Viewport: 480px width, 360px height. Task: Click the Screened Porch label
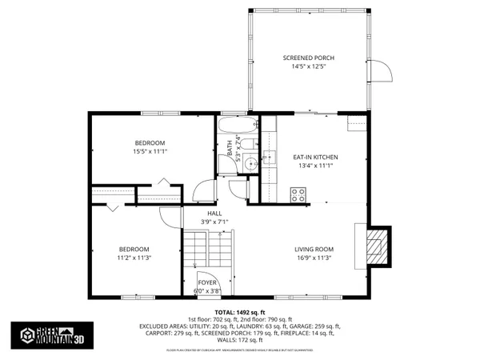pyautogui.click(x=308, y=58)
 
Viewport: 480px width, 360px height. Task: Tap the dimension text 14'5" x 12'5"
pyautogui.click(x=308, y=67)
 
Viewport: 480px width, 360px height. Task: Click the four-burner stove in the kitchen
pyautogui.click(x=299, y=193)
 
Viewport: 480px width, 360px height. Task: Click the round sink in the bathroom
pyautogui.click(x=251, y=163)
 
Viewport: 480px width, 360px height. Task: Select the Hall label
pyautogui.click(x=214, y=214)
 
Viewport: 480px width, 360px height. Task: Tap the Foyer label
pyautogui.click(x=207, y=282)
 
